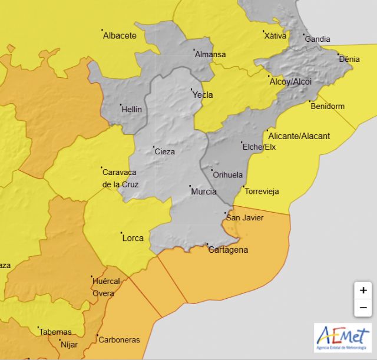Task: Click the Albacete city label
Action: tap(120, 35)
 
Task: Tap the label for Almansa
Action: tap(210, 55)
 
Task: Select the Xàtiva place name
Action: tap(275, 36)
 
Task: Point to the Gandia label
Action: tap(318, 39)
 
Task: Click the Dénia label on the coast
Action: tap(349, 59)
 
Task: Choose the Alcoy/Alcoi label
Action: tap(290, 82)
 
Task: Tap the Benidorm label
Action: tap(328, 107)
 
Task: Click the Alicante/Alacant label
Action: tap(299, 136)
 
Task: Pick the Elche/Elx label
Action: tap(259, 147)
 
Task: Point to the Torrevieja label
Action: tap(262, 191)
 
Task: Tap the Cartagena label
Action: tap(229, 250)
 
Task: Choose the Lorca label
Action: tap(133, 238)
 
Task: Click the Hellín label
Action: tap(131, 109)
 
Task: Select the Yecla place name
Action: tap(203, 95)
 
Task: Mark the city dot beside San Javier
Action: tap(226, 213)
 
